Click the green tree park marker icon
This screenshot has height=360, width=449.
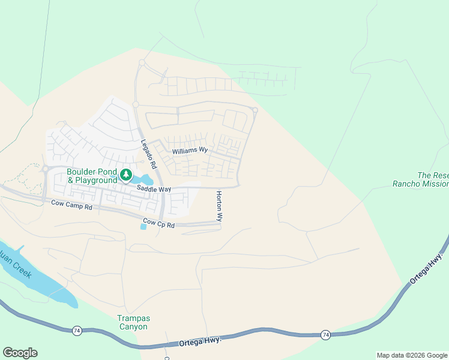point(126,175)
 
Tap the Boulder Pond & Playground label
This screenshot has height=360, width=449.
point(92,176)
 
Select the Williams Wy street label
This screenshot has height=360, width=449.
point(190,151)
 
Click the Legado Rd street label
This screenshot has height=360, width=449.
point(148,154)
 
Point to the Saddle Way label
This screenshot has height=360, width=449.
point(154,189)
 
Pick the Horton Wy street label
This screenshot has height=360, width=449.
point(219,206)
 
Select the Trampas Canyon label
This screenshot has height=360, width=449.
point(132,322)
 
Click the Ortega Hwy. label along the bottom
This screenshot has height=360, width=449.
point(200,341)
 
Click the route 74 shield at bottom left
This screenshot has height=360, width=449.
point(76,330)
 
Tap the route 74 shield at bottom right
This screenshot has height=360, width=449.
point(325,334)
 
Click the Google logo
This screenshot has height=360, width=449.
point(20,353)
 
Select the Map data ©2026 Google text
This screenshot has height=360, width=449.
point(412,355)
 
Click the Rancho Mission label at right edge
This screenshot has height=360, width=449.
point(420,184)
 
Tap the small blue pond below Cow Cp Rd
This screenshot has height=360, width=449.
point(143,226)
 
